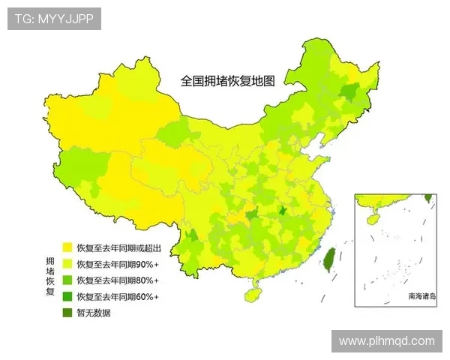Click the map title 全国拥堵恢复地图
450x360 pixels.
coord(228,80)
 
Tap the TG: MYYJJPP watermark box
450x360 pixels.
coord(54,19)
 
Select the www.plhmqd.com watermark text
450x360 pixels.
coord(386,340)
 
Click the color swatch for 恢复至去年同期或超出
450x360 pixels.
coord(67,247)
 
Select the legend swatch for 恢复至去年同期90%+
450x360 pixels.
coord(67,263)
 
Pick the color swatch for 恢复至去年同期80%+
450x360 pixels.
coord(67,280)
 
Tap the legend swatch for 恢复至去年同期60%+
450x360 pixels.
coord(67,296)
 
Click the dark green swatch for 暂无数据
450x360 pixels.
coord(67,313)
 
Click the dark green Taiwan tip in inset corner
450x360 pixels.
coord(428,198)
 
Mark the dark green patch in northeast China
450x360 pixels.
coord(348,93)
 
